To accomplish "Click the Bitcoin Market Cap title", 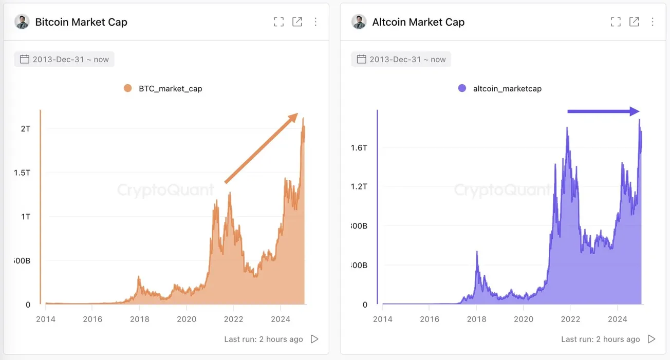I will click(x=81, y=22).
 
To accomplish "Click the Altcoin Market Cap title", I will click(x=418, y=22).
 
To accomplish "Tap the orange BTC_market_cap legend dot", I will click(x=128, y=88).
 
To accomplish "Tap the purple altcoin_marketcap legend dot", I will click(x=462, y=88).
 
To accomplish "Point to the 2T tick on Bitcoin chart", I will click(x=26, y=128).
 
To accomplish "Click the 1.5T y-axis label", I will click(x=22, y=173).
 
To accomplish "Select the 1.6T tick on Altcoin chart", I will click(x=359, y=148).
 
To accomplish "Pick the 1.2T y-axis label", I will click(x=359, y=186).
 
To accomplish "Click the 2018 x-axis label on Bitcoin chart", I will click(x=139, y=319).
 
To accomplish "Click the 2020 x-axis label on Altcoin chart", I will click(x=523, y=319).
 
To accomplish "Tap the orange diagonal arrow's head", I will click(x=294, y=117).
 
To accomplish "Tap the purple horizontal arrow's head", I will click(x=635, y=111).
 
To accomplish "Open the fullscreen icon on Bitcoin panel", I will click(x=278, y=22).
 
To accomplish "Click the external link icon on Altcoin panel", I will click(x=634, y=22).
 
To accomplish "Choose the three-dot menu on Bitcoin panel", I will click(x=315, y=22).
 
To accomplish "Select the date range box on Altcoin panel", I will click(x=401, y=59).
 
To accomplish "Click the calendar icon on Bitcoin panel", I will click(x=24, y=59).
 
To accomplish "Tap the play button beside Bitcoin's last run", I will click(x=314, y=339).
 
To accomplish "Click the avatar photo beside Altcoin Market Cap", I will click(x=359, y=22).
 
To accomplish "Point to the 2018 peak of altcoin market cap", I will click(x=477, y=252).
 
